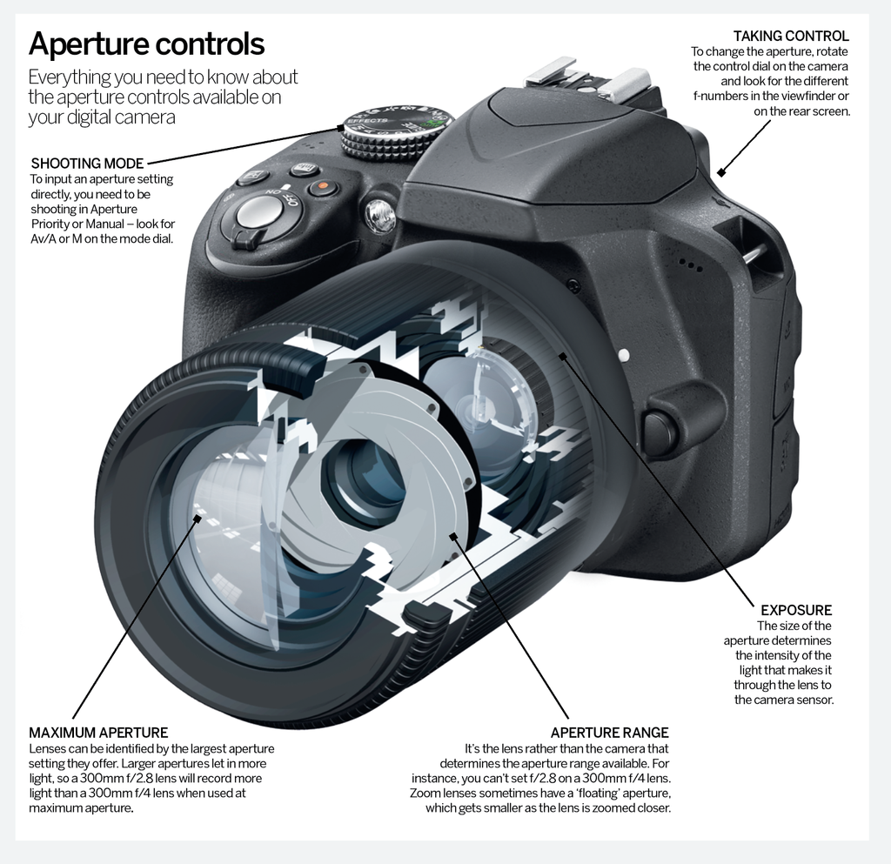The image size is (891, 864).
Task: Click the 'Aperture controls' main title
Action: (x=147, y=43)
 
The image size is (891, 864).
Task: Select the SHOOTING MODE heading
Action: (x=87, y=163)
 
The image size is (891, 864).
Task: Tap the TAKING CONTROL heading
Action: (x=790, y=36)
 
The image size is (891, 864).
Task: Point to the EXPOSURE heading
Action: (x=796, y=610)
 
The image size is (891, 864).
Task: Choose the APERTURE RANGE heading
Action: (x=609, y=733)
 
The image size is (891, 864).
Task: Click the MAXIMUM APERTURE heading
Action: (x=98, y=733)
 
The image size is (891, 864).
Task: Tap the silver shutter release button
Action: (x=258, y=211)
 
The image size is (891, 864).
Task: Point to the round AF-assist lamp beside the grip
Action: (x=380, y=216)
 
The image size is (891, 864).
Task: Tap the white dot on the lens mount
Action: (x=623, y=355)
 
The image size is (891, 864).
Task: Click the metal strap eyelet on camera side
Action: (x=754, y=255)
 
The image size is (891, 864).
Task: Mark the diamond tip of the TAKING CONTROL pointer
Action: (x=720, y=173)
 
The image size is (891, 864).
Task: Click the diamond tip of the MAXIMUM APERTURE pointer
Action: (x=198, y=519)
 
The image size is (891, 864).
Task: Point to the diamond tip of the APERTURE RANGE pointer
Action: (x=452, y=537)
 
